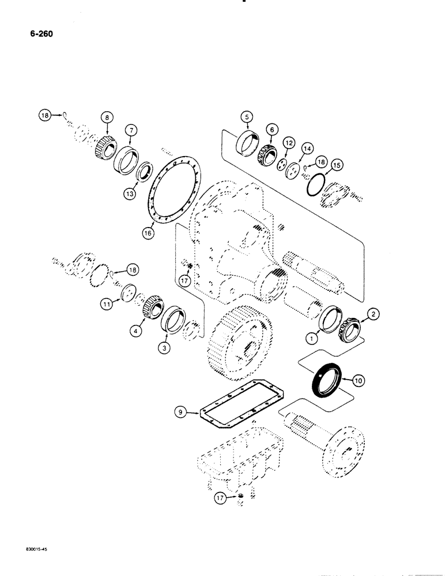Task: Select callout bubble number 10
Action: [x=357, y=380]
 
